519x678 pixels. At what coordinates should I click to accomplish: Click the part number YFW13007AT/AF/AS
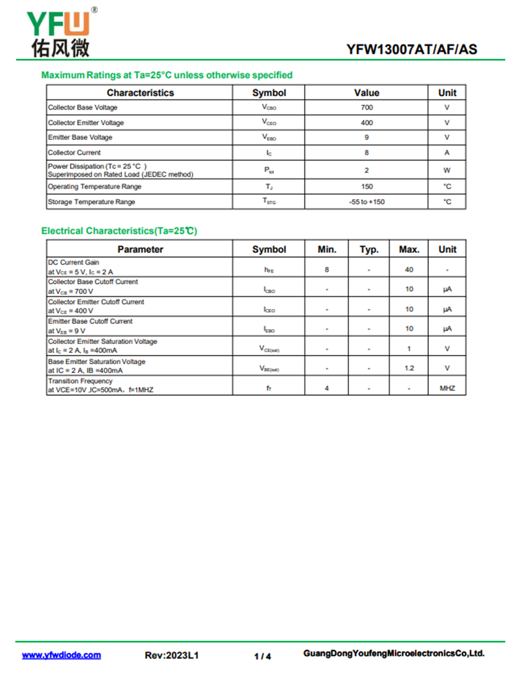411,49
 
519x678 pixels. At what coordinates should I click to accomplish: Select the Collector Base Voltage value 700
367,108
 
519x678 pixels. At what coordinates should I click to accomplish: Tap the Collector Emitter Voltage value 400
367,123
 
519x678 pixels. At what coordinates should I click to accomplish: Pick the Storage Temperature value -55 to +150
367,202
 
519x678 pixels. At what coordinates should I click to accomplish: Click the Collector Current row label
75,153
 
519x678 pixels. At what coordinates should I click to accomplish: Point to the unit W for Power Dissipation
447,170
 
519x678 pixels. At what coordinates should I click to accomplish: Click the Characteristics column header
140,93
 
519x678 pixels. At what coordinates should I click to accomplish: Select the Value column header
367,93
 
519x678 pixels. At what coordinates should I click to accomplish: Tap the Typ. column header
368,249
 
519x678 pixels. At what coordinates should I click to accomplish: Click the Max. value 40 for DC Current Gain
409,269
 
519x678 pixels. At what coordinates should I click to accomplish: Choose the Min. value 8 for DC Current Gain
326,269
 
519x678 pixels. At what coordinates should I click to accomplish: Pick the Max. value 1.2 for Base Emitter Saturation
409,369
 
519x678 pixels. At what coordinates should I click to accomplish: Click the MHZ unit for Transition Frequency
447,389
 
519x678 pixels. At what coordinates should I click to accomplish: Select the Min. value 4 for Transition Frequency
326,389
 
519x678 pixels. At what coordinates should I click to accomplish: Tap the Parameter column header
140,249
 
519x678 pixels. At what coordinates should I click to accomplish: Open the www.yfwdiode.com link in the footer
62,655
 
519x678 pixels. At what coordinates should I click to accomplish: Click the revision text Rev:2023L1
171,655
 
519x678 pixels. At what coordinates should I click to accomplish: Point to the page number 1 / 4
263,656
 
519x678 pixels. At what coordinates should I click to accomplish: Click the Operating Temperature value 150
367,187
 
